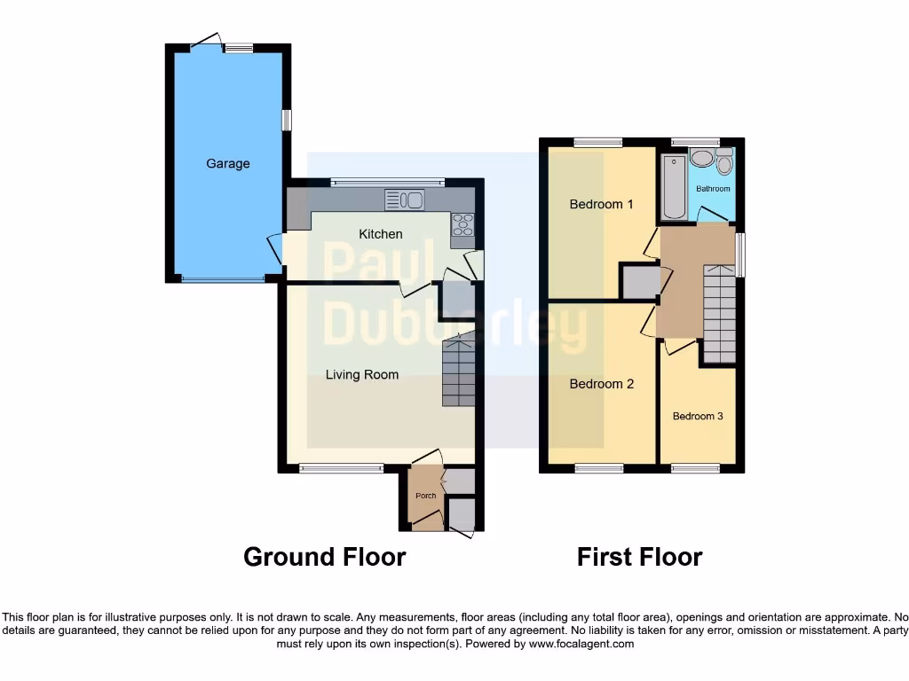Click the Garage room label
coord(228,163)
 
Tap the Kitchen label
coord(380,234)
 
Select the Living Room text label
coord(362,374)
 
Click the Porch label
coord(426,496)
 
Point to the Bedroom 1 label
coord(601,204)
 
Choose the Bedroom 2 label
coord(601,384)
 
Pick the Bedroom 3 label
coord(698,416)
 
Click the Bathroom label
coord(713,189)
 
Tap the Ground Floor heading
coord(325,557)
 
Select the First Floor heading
coord(639,557)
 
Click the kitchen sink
coord(405,200)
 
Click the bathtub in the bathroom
coord(674,187)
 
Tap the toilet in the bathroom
coord(724,163)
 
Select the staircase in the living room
coord(459,370)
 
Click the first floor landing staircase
coord(719,314)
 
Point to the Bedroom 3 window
coord(694,468)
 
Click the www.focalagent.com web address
coord(581,644)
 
